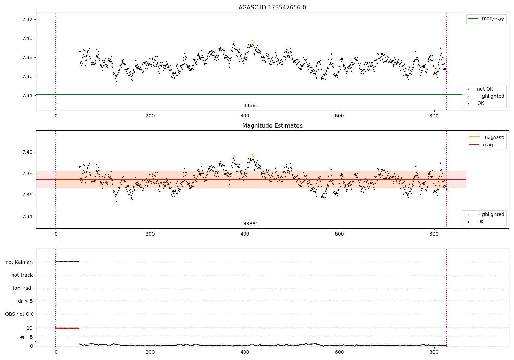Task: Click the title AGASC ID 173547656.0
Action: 272,8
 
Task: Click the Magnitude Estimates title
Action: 272,126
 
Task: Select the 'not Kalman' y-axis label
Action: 19,262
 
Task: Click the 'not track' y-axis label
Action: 22,275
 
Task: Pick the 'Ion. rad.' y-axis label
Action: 23,288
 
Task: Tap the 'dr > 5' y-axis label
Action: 25,301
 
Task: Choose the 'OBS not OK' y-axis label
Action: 19,314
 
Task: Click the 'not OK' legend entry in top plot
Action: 485,89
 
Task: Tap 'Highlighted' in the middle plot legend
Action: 490,214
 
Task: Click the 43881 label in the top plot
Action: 251,106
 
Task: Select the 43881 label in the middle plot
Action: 251,224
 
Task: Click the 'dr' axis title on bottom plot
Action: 22,337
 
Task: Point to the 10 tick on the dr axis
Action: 29,328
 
